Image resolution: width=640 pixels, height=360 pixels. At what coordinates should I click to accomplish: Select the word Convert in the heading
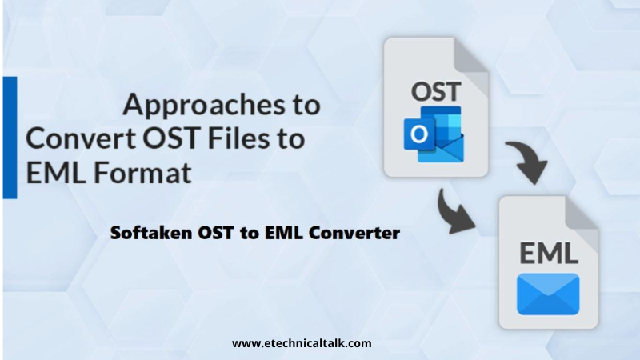pyautogui.click(x=80, y=138)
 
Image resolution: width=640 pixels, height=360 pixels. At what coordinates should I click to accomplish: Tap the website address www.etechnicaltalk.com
pyautogui.click(x=302, y=343)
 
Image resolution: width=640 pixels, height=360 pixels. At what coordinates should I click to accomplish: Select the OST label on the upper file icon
pyautogui.click(x=435, y=90)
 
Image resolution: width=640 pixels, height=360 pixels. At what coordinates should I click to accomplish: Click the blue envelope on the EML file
pyautogui.click(x=548, y=294)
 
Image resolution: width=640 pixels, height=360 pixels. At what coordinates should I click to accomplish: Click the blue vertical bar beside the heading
pyautogui.click(x=10, y=137)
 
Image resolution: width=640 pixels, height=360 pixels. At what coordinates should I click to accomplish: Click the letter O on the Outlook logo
pyautogui.click(x=418, y=136)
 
